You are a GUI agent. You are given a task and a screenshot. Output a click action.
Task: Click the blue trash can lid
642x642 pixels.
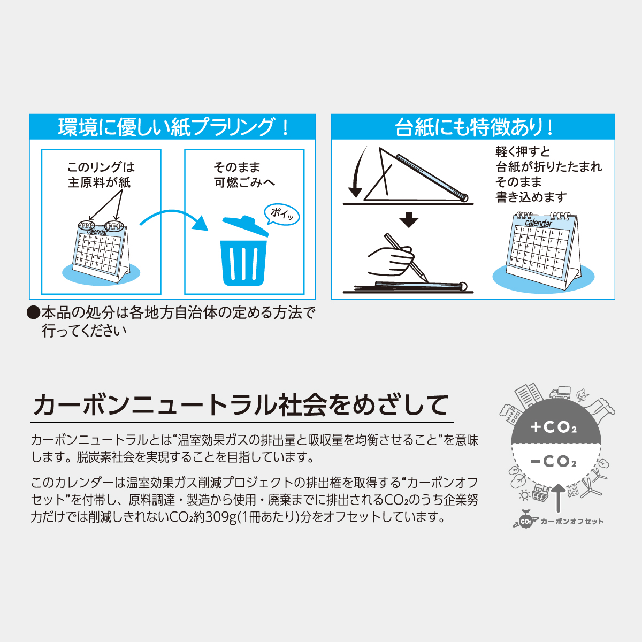(244, 225)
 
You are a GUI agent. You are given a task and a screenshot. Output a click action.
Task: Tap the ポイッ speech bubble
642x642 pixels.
(282, 214)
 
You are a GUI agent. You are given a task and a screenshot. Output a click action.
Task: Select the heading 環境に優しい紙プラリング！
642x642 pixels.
(172, 127)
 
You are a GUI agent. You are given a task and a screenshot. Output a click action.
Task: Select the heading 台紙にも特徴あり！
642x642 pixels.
(473, 127)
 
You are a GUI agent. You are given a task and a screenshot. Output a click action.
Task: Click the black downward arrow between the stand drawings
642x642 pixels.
(408, 220)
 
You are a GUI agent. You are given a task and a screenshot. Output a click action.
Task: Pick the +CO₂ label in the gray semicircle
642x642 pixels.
(554, 427)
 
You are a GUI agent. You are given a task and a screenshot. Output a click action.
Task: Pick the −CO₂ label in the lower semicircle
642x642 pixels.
(554, 461)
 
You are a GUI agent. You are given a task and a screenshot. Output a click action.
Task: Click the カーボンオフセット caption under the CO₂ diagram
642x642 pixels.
(571, 521)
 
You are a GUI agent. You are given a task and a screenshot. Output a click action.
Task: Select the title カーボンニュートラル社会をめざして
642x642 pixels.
(241, 404)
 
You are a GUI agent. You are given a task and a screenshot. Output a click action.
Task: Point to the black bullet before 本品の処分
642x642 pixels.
(33, 312)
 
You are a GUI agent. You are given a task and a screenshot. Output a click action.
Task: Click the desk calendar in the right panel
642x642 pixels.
(542, 249)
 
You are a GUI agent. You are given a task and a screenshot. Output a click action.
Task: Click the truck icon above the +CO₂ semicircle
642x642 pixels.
(560, 393)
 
